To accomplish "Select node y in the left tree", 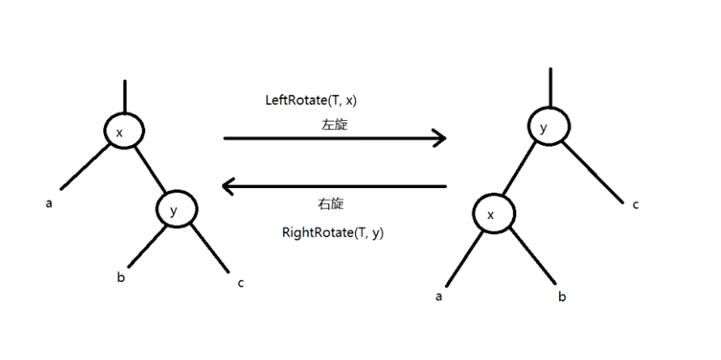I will click(175, 210).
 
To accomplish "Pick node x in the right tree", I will click(493, 215).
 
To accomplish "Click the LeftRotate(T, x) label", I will click(311, 100).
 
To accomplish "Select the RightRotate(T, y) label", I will click(332, 232).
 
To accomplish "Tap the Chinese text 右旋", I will click(331, 204).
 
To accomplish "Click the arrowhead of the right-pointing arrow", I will click(438, 138).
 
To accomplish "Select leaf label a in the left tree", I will click(49, 202).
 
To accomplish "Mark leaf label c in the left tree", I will click(241, 283).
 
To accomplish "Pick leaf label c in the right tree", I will click(635, 203).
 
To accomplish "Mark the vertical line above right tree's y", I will click(549, 88).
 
